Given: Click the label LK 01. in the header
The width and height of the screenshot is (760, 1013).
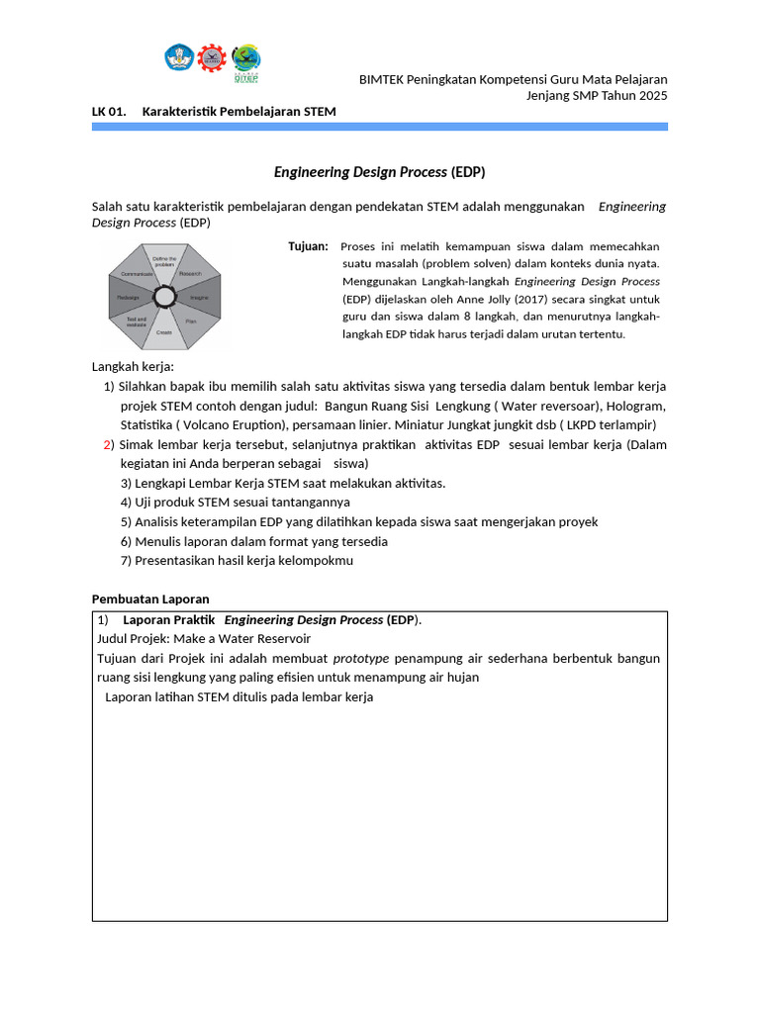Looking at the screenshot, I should point(109,112).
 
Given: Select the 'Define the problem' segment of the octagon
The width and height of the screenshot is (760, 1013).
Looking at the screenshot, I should point(164,264).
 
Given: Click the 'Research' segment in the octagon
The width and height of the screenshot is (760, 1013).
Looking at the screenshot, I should point(190,274).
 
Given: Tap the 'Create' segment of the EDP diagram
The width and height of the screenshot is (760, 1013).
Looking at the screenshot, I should point(164,330).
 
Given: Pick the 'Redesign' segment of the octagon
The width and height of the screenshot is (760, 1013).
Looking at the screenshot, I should point(129,297).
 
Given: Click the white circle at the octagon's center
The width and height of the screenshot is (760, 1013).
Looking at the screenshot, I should point(164,296).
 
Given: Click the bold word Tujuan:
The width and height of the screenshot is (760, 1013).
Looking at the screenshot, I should point(308,246).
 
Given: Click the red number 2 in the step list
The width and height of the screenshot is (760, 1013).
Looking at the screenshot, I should point(109,445).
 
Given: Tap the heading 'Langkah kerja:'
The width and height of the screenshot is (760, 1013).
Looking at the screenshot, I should point(133,368).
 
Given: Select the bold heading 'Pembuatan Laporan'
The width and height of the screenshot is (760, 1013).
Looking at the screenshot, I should point(150,599).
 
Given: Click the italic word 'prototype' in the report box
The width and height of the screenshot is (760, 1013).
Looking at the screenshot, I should point(360,658).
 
